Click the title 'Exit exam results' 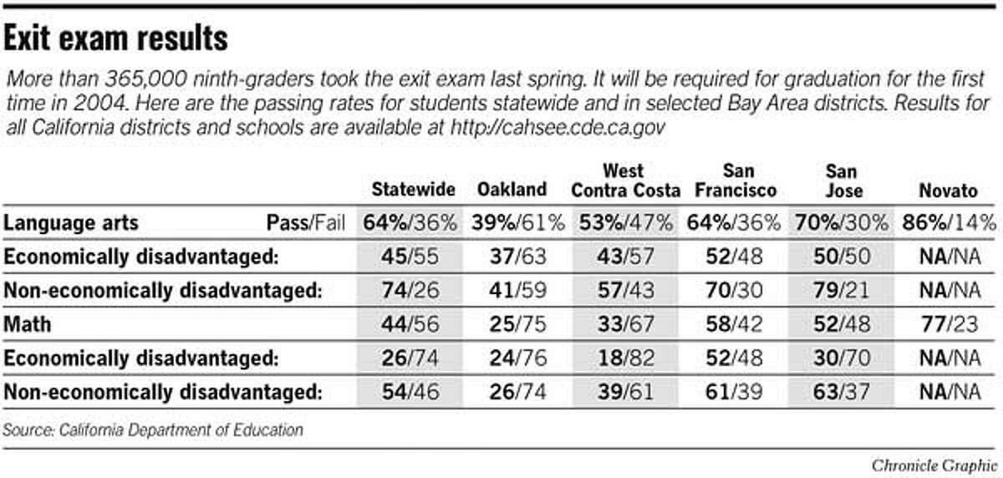(117, 38)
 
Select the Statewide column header (410, 191)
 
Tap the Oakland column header (512, 191)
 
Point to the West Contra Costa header (625, 181)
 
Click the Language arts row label (71, 224)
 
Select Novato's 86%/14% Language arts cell (949, 224)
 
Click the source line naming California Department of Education (153, 431)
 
